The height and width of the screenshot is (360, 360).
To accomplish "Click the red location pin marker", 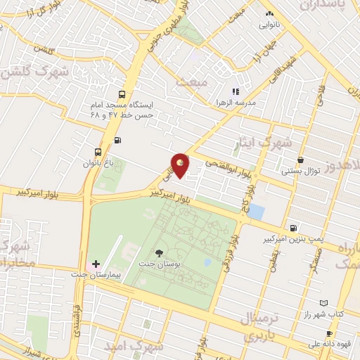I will (181, 165).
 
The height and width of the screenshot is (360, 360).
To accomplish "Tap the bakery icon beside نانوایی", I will (269, 13).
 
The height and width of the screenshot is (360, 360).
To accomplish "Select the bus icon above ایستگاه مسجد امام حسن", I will (123, 94).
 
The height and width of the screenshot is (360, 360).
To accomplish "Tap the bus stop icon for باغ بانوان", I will (98, 151).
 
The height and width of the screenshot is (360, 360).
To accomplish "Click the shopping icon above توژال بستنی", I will (301, 160).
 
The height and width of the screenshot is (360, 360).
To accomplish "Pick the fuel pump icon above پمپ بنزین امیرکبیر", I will (293, 227).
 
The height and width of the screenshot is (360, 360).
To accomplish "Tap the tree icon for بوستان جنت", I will (160, 252).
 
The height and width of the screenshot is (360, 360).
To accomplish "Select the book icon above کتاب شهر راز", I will (322, 303).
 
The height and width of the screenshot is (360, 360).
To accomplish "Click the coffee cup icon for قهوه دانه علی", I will (328, 333).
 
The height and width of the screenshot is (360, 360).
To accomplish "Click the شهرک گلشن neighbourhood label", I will (34, 72).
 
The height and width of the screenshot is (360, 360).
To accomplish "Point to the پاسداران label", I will (330, 6).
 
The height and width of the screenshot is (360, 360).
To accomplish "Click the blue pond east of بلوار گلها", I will (257, 211).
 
